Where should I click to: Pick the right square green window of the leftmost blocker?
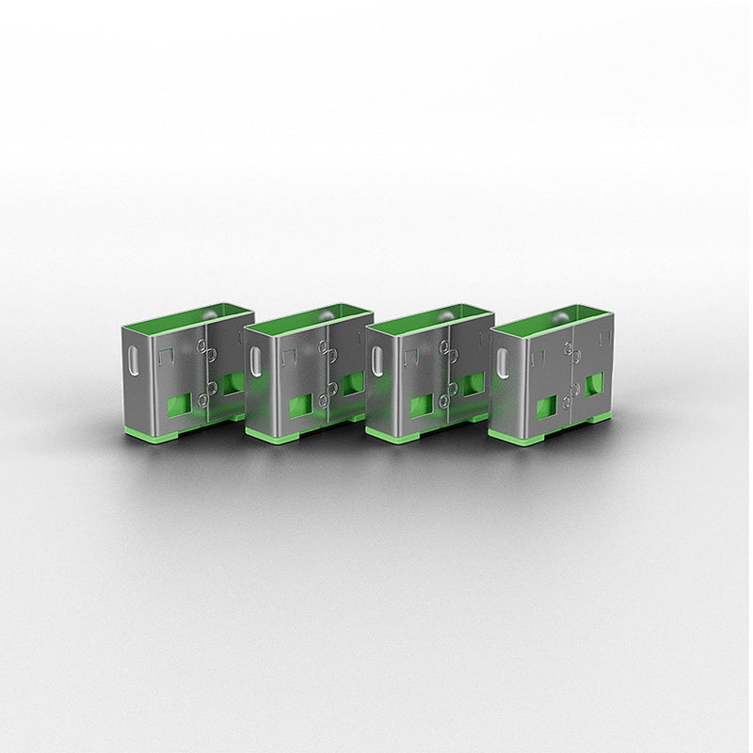(x=231, y=384)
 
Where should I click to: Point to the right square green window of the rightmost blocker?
(x=595, y=387)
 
